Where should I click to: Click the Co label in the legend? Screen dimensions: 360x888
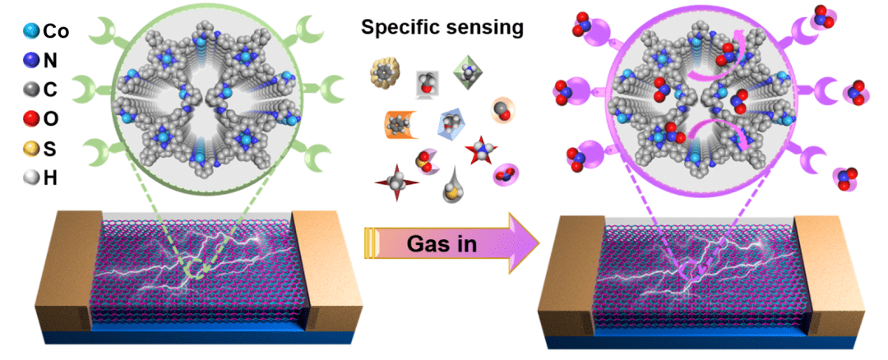[55, 31]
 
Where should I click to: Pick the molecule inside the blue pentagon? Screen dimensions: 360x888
[452, 123]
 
